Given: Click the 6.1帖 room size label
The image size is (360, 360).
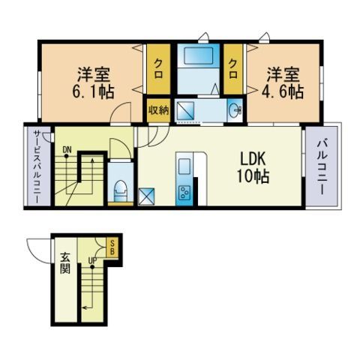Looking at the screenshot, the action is coord(93,92).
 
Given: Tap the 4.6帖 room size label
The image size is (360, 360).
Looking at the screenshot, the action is coord(283,92).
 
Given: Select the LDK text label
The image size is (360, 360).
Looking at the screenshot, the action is coord(253,159).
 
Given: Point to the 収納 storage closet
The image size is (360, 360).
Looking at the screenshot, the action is coord(159,110).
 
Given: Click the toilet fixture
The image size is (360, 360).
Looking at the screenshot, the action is coord(120,190).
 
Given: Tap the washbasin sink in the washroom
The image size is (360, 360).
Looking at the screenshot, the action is coord(235,109).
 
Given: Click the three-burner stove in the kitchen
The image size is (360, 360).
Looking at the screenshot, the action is coord(184,192).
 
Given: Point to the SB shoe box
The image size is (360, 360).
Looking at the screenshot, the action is coord(112,247).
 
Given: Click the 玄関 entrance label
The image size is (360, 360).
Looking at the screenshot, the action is coord(64,263).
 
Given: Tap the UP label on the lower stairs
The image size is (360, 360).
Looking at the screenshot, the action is coord(92,260).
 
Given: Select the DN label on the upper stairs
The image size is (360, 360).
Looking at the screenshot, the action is coord(67,150).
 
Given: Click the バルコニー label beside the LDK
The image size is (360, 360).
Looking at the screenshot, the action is coord(322,167).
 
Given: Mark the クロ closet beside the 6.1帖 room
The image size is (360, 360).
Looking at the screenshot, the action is coord(158,68).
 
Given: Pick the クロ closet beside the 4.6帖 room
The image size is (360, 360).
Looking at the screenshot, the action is coord(233,68).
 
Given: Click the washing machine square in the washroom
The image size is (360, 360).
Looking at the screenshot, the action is coord(185,110).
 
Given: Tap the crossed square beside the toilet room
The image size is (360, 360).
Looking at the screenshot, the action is coord(146,196).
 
